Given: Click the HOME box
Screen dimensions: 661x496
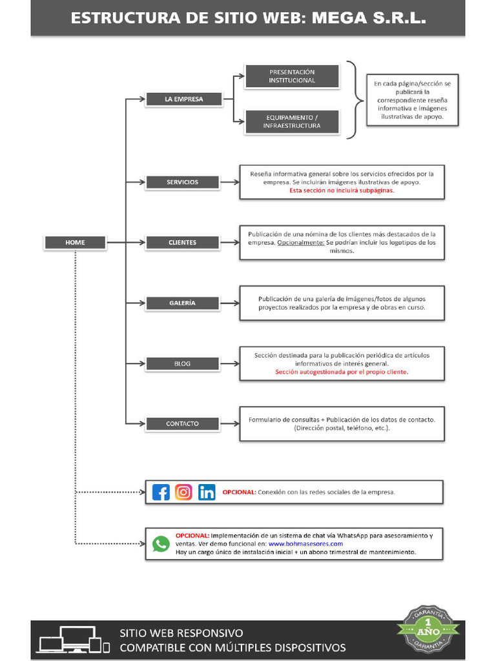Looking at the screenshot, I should pos(75,243).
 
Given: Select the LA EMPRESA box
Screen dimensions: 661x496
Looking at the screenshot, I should pos(183,99).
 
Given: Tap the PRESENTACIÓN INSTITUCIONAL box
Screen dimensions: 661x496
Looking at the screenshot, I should pos(292,76).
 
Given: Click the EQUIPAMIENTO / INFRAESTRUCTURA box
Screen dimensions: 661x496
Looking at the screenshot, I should pos(292,122).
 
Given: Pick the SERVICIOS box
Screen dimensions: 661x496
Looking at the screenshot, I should pos(182,182).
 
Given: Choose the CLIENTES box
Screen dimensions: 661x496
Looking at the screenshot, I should pos(182,243).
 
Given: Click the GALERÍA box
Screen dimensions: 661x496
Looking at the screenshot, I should pos(182,303).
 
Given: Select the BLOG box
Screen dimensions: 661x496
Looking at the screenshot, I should pos(182,363).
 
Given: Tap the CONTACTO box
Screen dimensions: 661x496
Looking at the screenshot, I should pos(182,424).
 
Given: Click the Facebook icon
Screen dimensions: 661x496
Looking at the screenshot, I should pos(161,492).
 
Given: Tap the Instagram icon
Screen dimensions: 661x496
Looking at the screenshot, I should pos(184,492).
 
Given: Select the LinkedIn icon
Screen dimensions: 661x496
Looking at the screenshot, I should pos(207,492).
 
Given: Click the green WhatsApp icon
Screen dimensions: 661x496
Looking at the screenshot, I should pos(161,544).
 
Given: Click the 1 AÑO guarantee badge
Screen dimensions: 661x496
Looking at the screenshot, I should pos(428,628).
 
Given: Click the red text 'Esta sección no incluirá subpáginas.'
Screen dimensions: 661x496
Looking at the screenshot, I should pos(342,191).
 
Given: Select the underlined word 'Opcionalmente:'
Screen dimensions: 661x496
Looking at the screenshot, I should pos(300,243).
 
